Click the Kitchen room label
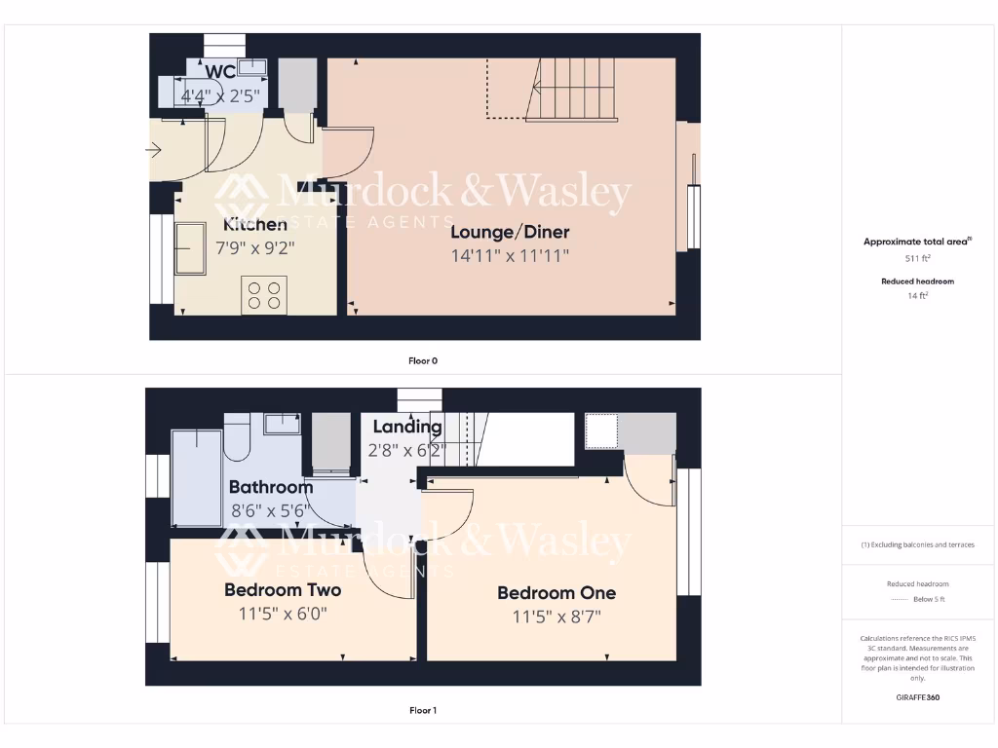(x=251, y=225)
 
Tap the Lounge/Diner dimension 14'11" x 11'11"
(x=510, y=256)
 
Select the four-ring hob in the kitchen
(x=264, y=295)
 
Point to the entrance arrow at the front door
(x=154, y=150)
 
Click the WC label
(x=220, y=72)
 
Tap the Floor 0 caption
(x=423, y=360)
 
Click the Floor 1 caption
(x=423, y=710)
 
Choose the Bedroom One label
(x=557, y=592)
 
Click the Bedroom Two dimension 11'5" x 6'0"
(x=283, y=615)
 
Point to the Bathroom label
(x=271, y=487)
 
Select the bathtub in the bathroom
(x=196, y=477)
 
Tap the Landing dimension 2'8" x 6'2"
(x=406, y=451)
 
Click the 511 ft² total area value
(x=916, y=259)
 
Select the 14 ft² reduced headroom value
(x=916, y=295)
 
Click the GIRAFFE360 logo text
(x=916, y=697)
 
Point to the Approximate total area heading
(x=916, y=242)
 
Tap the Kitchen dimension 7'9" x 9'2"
(x=254, y=248)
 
